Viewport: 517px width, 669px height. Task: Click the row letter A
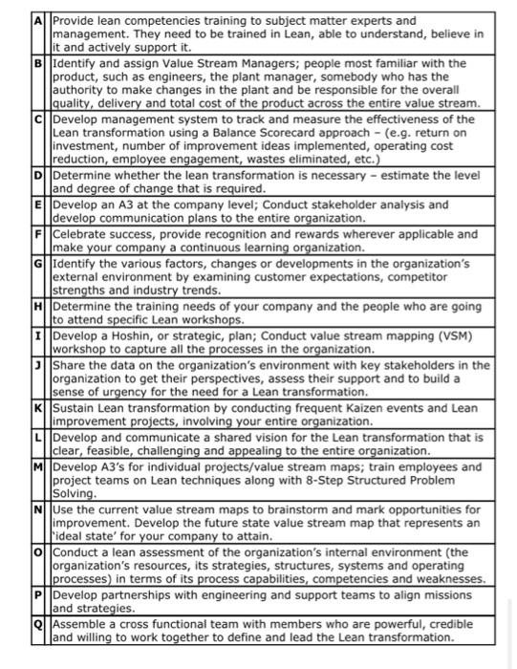[41, 20]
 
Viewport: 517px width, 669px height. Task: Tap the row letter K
[41, 407]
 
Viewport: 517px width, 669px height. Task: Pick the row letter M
[42, 466]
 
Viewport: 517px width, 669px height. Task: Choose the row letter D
[41, 176]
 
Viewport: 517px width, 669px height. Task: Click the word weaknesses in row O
[448, 580]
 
